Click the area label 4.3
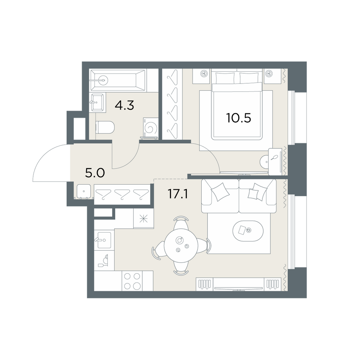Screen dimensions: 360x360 click(124, 105)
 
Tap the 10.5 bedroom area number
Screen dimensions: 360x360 click(239, 118)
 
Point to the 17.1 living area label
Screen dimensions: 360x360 click(178, 194)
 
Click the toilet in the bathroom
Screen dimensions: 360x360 click(105, 127)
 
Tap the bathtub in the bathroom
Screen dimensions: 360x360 click(118, 80)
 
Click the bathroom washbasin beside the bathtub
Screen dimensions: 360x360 click(98, 103)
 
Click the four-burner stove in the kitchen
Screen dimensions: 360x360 click(132, 281)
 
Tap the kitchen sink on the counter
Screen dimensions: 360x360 click(104, 240)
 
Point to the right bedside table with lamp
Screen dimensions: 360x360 click(273, 76)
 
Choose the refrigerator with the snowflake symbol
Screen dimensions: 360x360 click(144, 219)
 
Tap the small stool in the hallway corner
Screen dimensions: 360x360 click(84, 191)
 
